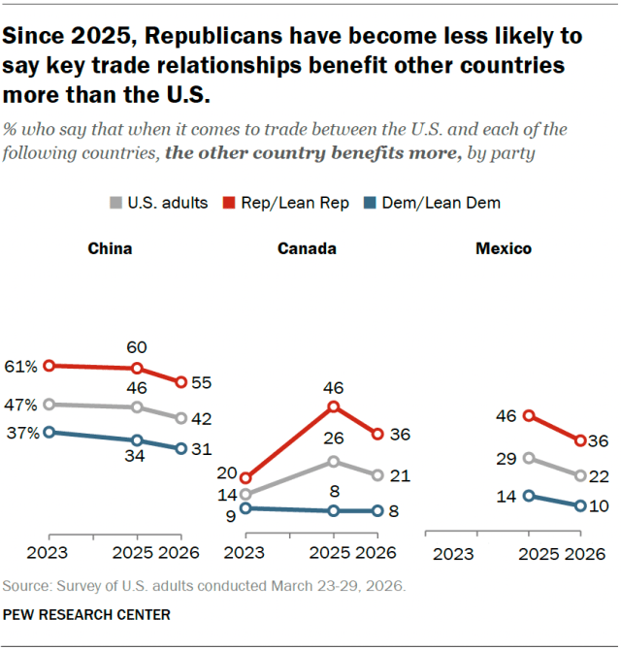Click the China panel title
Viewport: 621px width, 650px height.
110,248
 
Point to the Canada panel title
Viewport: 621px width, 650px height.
307,248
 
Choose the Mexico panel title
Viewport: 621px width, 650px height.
503,248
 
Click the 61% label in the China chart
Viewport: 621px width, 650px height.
21,366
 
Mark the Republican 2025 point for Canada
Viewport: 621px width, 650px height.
333,406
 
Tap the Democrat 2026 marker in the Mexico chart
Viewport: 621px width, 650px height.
579,505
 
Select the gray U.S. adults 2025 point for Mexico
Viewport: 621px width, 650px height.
529,458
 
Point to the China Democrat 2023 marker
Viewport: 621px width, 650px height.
49,432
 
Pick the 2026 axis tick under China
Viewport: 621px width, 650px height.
180,554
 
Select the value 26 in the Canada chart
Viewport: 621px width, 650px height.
333,439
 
